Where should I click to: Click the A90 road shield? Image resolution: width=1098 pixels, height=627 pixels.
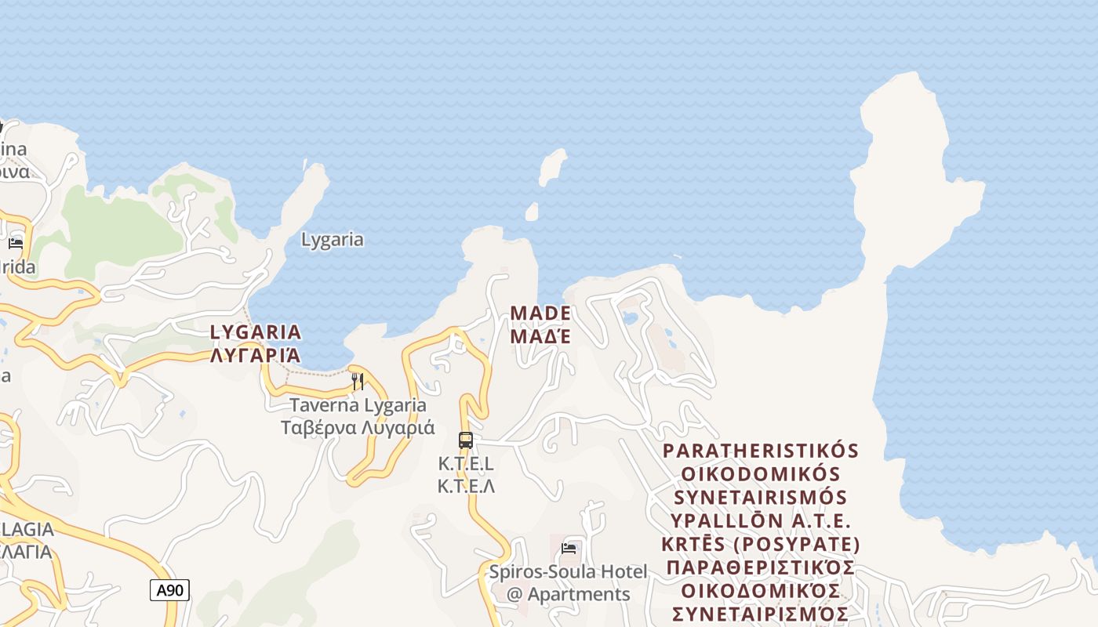169,590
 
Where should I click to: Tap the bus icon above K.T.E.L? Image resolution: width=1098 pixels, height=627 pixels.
466,440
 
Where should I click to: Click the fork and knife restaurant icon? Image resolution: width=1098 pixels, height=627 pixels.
357,382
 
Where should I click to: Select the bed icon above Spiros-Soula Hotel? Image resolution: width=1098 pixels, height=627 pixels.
569,548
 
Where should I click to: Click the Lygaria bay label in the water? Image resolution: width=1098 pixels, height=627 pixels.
333,240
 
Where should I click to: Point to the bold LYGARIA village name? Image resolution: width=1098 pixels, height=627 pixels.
256,332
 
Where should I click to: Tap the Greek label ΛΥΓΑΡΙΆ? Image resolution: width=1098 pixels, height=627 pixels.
256,355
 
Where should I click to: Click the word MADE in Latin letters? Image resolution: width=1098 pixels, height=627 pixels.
540,313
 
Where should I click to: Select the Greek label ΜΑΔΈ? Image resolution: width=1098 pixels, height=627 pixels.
540,336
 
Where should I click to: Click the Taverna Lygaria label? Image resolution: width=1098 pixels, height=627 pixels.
358,405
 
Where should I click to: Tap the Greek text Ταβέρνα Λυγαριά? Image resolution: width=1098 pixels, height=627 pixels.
358,428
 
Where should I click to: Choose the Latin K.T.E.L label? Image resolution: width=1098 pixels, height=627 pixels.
466,464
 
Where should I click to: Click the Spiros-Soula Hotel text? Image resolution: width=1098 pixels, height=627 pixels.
569,572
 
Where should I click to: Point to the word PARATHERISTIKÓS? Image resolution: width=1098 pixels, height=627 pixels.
761,451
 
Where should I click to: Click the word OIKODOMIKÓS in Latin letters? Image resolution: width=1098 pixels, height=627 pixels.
761,474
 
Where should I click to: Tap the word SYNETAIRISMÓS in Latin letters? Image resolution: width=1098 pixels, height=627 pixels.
761,498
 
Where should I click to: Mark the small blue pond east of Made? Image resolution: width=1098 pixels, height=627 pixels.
630,318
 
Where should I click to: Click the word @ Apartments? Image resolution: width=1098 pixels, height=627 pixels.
569,594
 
